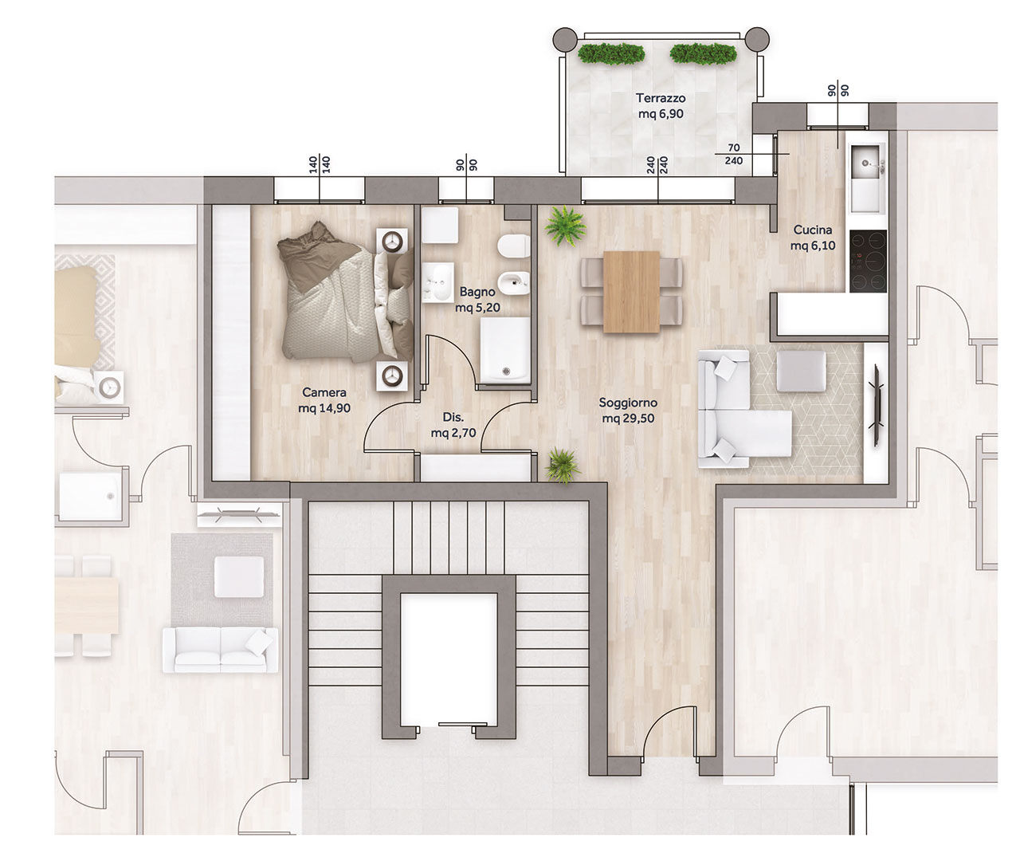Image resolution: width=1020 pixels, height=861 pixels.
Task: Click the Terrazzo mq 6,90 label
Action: click(x=661, y=105)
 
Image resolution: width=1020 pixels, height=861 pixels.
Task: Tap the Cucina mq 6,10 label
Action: click(x=812, y=238)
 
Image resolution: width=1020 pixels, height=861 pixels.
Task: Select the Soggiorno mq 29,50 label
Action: click(x=628, y=411)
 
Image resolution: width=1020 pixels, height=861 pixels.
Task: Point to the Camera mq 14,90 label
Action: click(x=324, y=399)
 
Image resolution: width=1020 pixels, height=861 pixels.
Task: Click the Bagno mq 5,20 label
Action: click(x=477, y=300)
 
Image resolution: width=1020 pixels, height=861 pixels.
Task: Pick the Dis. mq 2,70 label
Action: click(x=453, y=425)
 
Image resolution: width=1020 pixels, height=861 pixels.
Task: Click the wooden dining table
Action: click(x=632, y=292)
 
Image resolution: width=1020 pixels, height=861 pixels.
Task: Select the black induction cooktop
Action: click(x=868, y=261)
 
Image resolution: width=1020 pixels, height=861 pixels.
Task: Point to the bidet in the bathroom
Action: click(x=513, y=283)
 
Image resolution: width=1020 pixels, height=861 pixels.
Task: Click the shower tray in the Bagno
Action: click(x=504, y=350)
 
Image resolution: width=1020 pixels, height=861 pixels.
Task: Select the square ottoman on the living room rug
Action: click(x=801, y=371)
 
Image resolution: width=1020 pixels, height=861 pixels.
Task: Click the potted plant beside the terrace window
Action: click(x=566, y=226)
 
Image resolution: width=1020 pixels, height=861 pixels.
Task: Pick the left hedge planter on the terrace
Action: click(x=610, y=53)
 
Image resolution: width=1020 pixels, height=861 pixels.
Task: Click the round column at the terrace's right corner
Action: click(x=757, y=38)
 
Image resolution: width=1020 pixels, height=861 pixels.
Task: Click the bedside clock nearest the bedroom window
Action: click(x=392, y=242)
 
